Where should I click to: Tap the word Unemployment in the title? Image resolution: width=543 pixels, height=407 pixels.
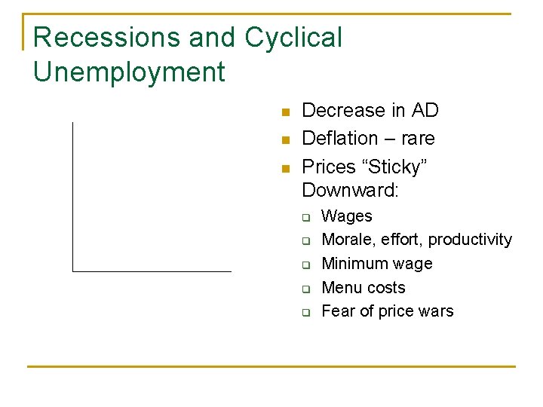tap(129, 72)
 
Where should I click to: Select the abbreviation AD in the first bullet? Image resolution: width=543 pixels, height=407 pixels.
tap(425, 111)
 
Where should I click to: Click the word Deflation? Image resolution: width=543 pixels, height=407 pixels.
tap(339, 139)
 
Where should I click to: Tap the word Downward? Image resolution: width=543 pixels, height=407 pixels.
tap(349, 190)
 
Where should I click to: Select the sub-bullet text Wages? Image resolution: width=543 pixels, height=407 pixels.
tap(347, 216)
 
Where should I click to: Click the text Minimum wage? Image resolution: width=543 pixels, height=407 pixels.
tap(377, 264)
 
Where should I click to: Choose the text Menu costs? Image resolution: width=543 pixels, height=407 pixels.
tap(364, 288)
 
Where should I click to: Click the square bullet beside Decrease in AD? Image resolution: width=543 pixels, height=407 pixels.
tap(285, 113)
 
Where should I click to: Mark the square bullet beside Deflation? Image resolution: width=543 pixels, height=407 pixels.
tap(285, 141)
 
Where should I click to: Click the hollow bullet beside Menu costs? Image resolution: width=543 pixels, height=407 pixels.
tap(307, 289)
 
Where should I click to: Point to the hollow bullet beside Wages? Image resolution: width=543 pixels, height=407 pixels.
tap(307, 218)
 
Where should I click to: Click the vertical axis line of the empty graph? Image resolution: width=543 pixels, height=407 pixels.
tap(72, 196)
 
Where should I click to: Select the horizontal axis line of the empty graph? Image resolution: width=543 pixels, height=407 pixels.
tap(151, 271)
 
